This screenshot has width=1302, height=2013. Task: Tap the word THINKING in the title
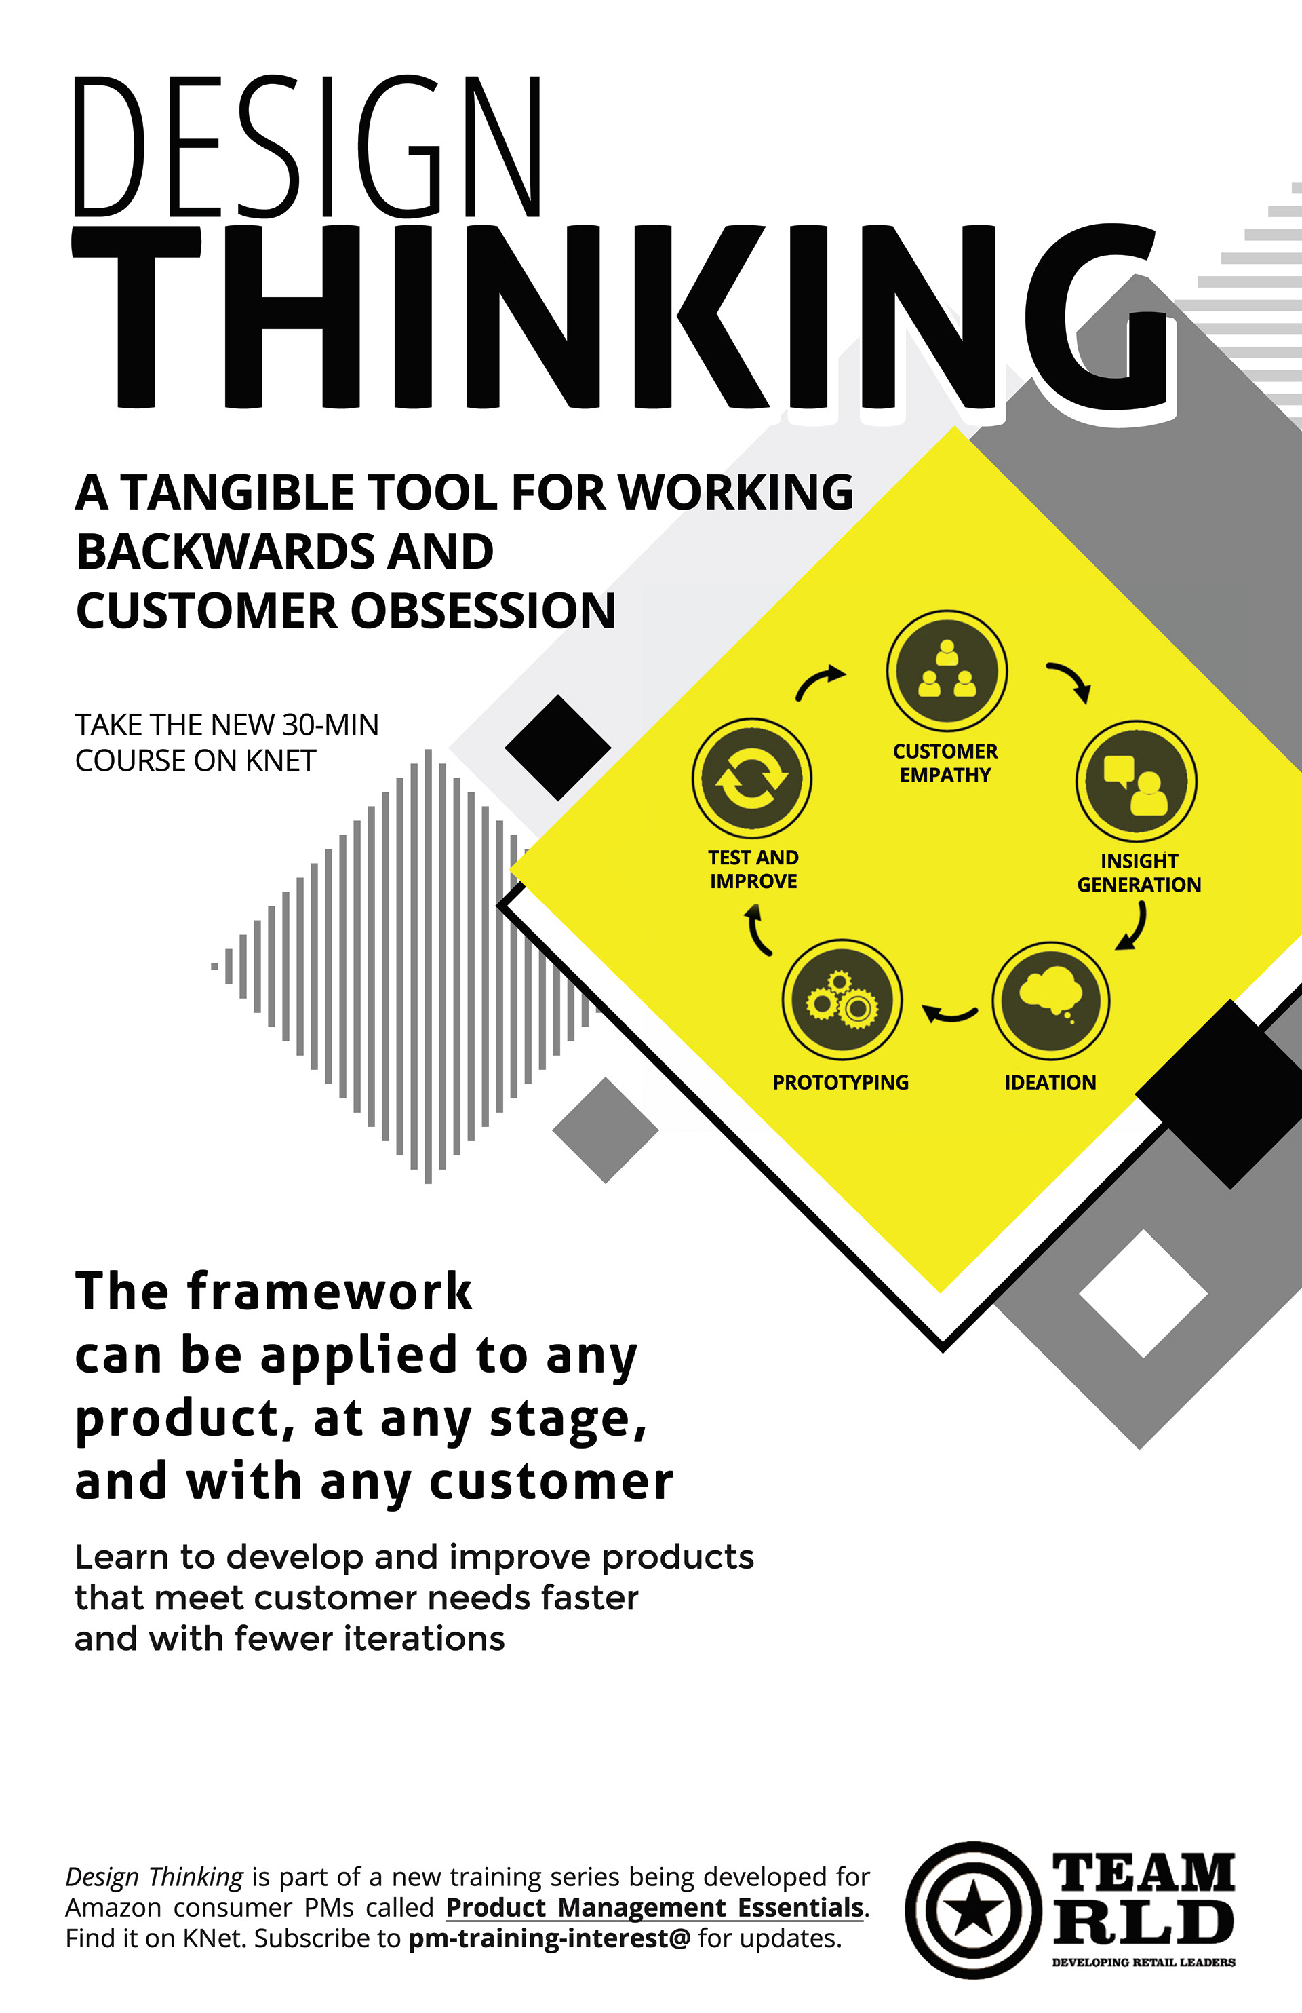coord(626,317)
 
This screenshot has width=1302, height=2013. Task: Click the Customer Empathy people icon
coord(946,671)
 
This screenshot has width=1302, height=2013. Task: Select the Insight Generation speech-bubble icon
coord(1137,782)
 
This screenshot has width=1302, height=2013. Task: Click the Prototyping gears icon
coord(842,999)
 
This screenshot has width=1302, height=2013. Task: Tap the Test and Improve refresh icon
coord(751,778)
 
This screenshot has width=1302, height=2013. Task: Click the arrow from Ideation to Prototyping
coord(949,1012)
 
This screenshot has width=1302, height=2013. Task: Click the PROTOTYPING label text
coord(840,1083)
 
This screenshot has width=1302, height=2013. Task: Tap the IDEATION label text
coord(1050,1083)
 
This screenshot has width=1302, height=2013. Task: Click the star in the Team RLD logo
coord(973,1910)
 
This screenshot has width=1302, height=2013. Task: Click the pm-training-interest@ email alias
coord(549,1938)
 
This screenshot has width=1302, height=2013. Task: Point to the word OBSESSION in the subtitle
coord(483,611)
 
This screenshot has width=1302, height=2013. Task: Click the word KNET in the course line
coord(281,761)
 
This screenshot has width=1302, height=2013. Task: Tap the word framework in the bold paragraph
coord(329,1292)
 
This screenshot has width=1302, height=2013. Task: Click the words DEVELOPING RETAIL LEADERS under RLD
coord(1143,1962)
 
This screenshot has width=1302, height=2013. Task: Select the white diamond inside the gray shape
coord(1143,1293)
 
